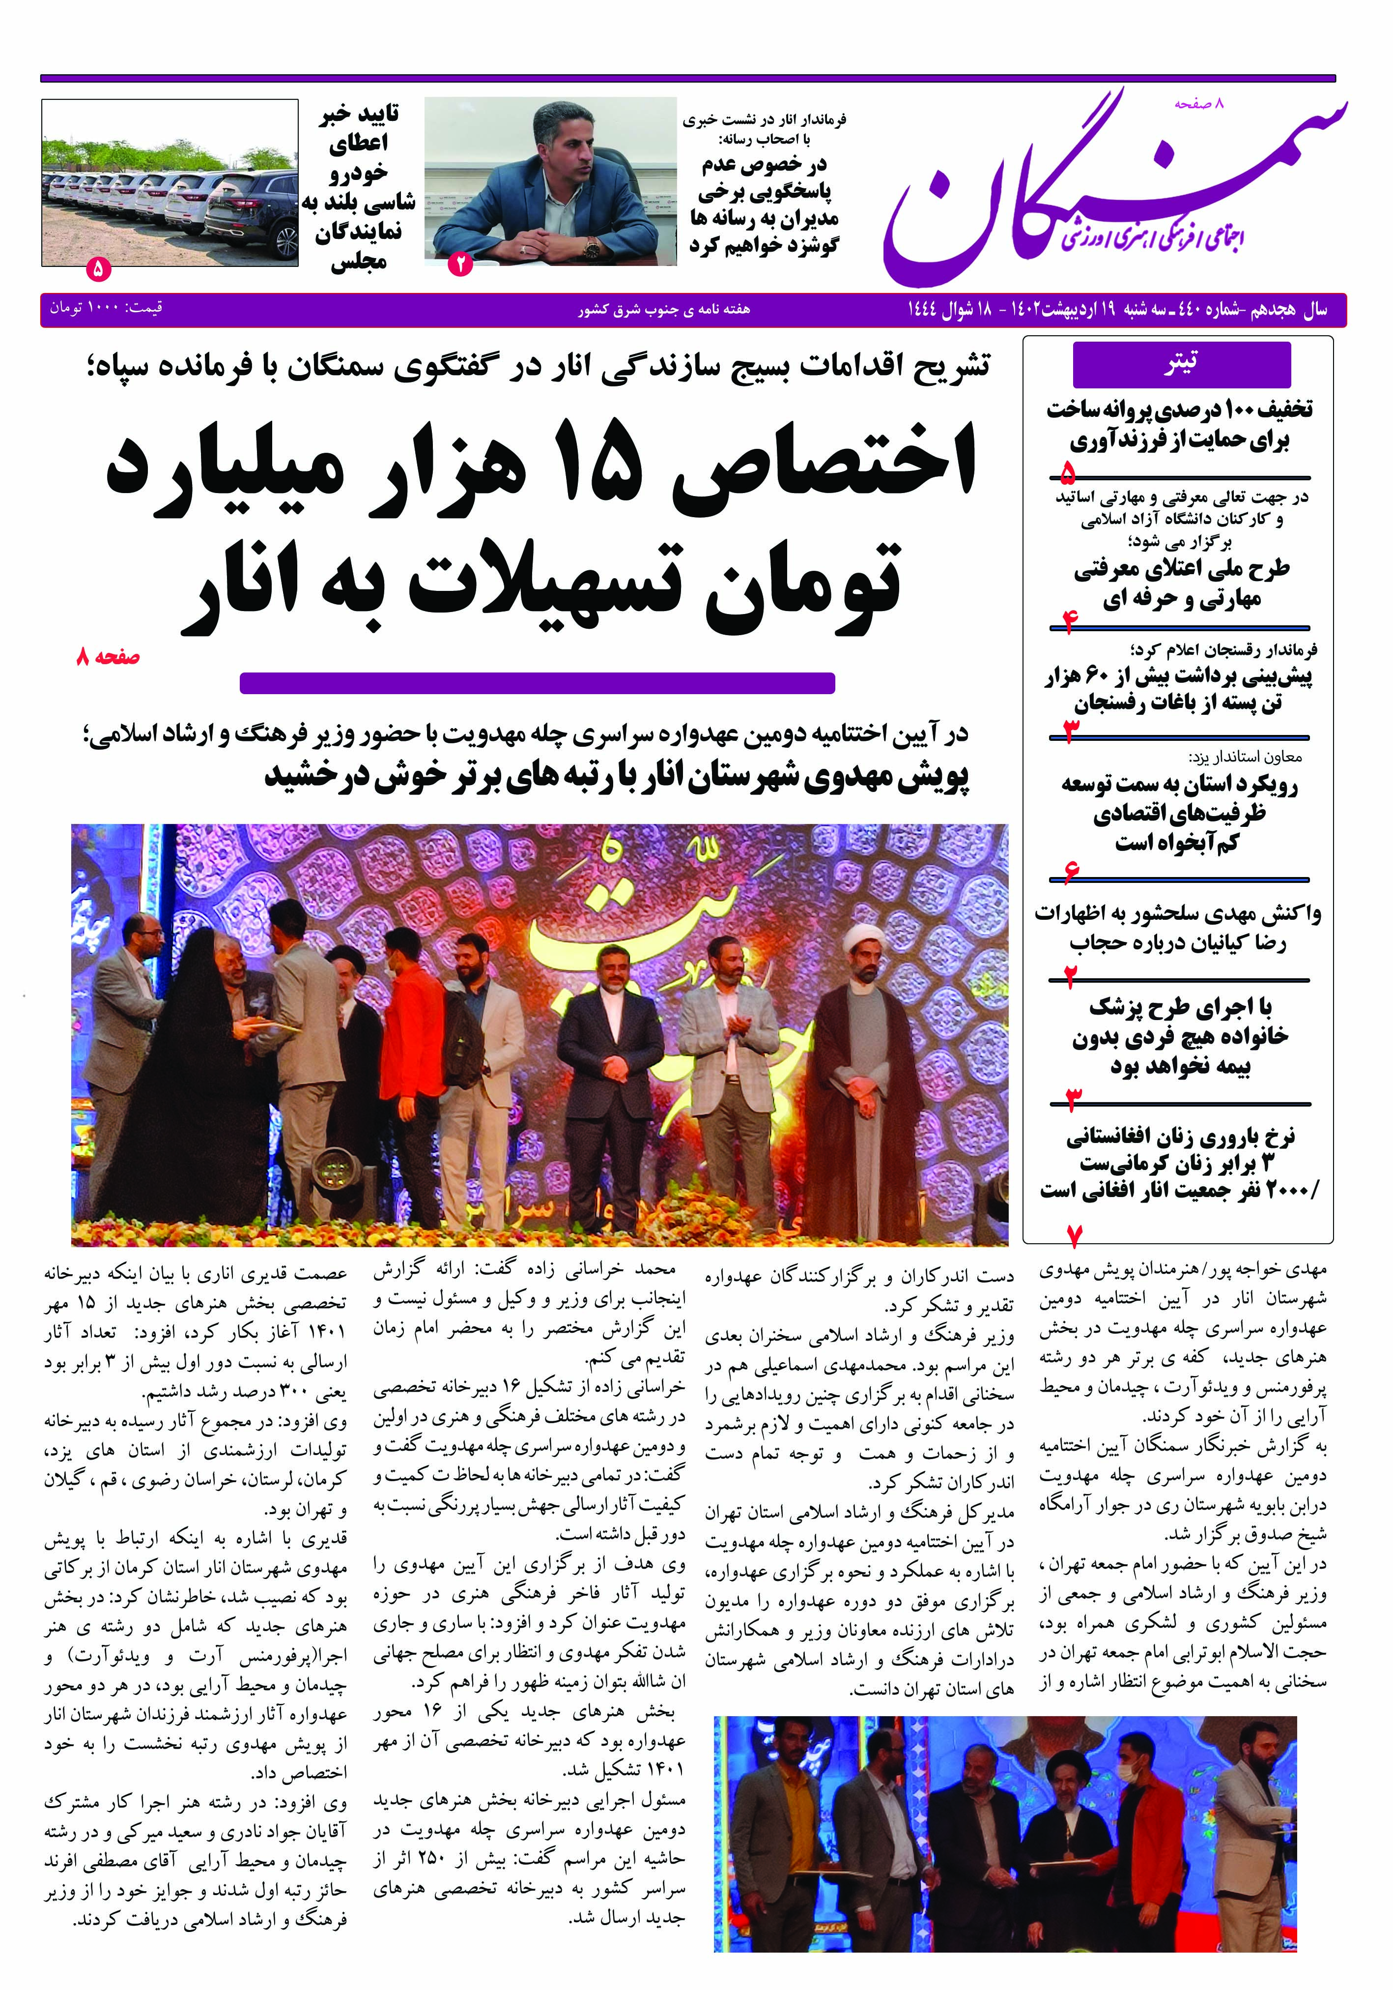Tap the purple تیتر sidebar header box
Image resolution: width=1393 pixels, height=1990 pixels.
point(1181,364)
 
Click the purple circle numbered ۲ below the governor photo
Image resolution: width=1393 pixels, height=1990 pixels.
point(459,264)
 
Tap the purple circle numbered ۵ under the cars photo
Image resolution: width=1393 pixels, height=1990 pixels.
point(98,269)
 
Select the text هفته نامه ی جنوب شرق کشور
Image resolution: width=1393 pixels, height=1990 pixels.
point(664,309)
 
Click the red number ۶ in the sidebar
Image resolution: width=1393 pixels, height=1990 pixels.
point(1072,871)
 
